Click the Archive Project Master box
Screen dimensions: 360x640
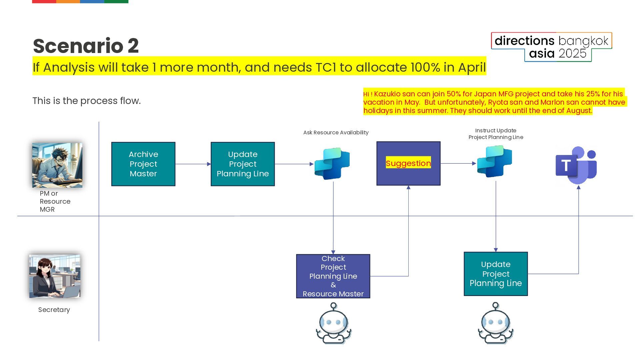coord(143,164)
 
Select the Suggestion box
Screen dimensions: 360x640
coord(408,163)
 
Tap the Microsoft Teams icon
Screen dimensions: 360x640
coord(576,165)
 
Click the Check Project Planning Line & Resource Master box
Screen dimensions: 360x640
coord(333,276)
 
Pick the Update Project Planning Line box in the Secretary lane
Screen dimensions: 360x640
coord(496,274)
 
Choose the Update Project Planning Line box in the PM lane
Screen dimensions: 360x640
coord(243,164)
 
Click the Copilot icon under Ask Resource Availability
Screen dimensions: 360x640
coord(332,164)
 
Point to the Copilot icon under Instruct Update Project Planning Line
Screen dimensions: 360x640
coord(495,161)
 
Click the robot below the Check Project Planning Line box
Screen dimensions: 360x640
coord(333,323)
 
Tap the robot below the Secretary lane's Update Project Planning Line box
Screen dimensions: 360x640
coord(496,323)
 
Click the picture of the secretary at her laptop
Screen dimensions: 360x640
coord(55,276)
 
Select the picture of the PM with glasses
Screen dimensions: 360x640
coord(57,165)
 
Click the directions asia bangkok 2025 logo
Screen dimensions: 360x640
coord(551,47)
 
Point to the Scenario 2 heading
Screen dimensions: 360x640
coord(86,46)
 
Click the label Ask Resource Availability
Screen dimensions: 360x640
coord(336,133)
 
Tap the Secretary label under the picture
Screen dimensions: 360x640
coord(54,310)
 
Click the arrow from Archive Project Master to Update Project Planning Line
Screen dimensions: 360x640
coord(193,164)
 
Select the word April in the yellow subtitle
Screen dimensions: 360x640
coord(472,67)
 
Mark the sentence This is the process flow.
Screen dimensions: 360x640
coord(86,101)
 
